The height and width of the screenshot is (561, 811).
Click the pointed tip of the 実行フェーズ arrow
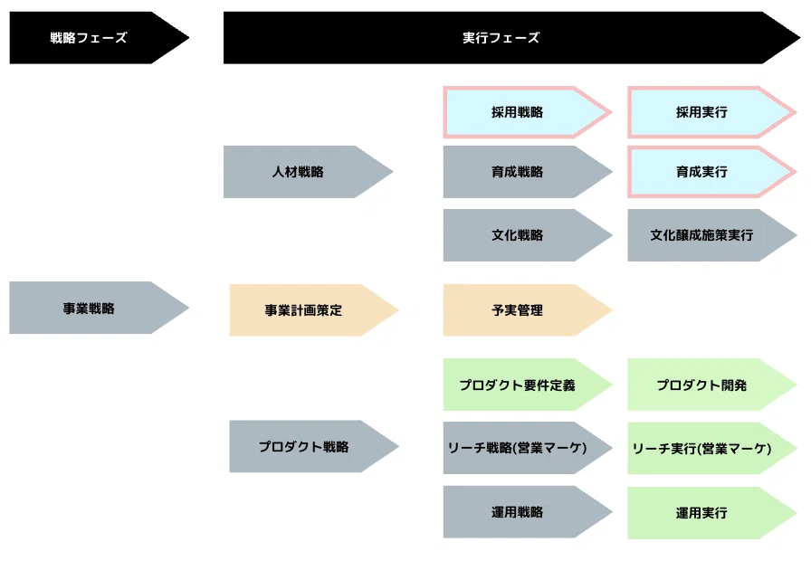pos(800,38)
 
